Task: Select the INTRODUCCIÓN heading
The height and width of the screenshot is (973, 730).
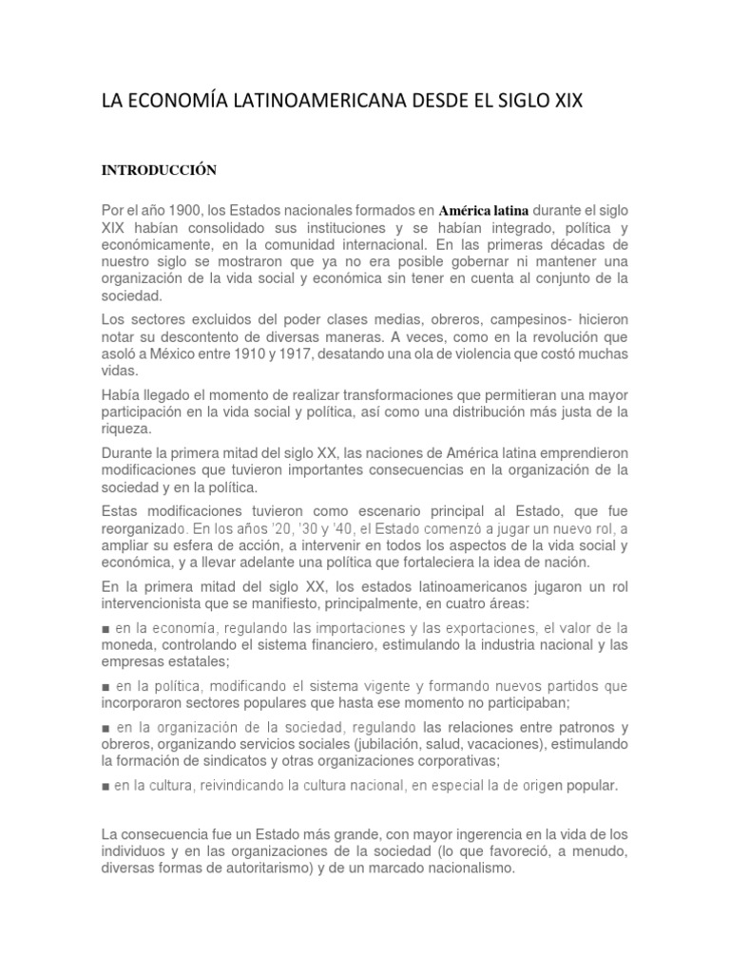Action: [x=160, y=170]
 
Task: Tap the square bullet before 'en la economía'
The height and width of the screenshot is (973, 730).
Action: [x=105, y=628]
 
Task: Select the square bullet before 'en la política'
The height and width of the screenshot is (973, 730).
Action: [x=105, y=686]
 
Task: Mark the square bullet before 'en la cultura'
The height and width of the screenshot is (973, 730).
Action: [x=105, y=786]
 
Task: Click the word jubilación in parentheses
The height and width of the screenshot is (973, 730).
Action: [x=427, y=744]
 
